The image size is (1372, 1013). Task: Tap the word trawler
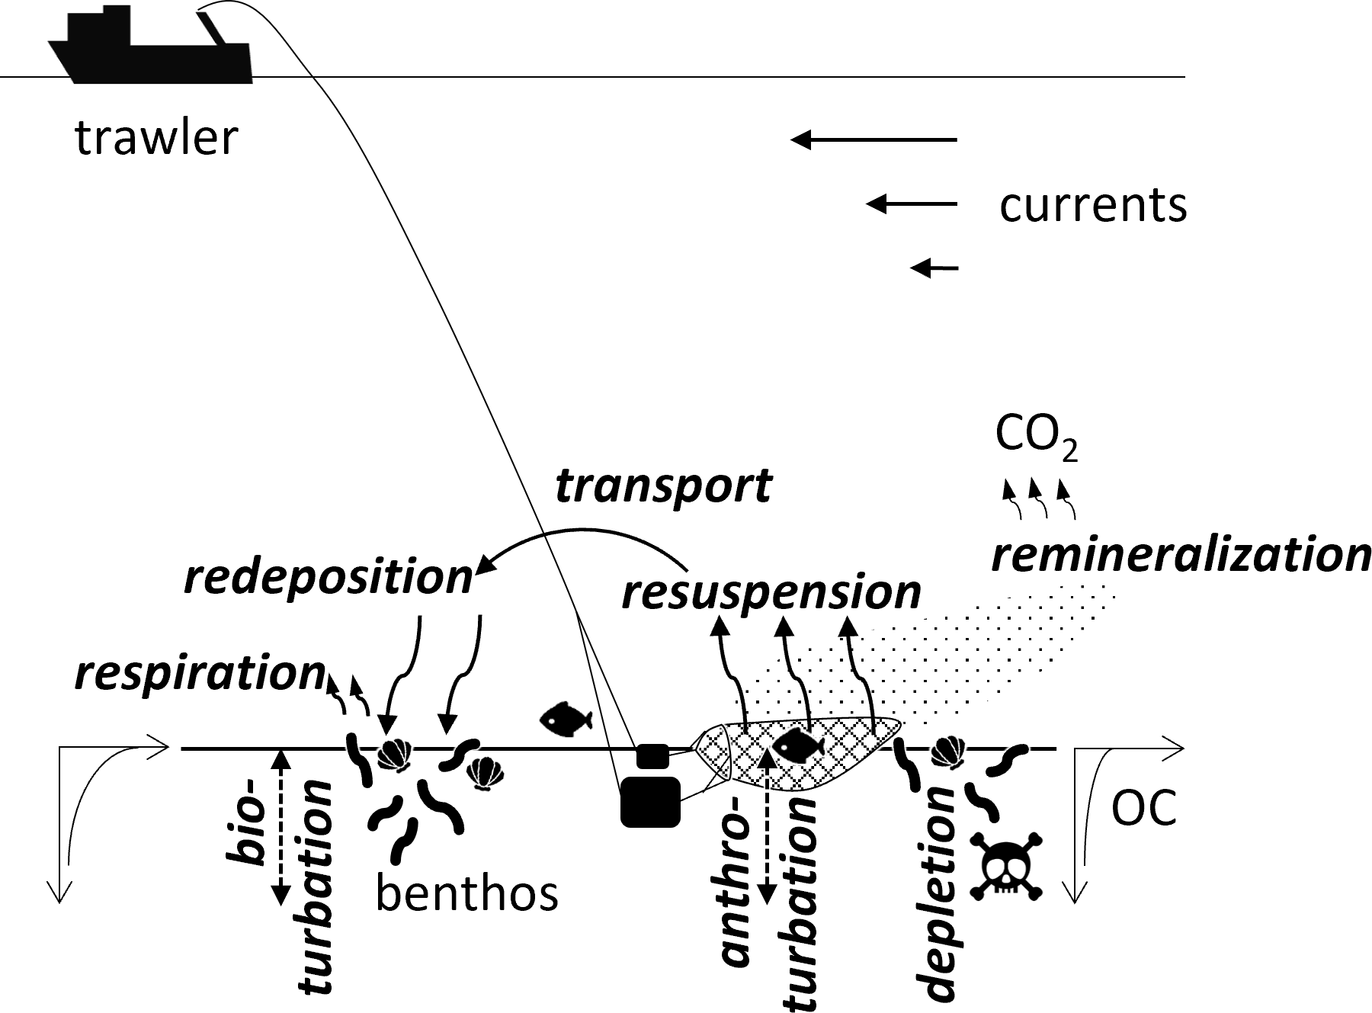[x=156, y=138]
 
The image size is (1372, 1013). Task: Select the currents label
[x=1093, y=205]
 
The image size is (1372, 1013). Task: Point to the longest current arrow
[x=874, y=139]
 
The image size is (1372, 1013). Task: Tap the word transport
[x=663, y=486]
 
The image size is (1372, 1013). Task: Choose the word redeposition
[x=329, y=577]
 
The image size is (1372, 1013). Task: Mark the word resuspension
[x=771, y=592]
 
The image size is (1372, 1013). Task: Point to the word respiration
[x=200, y=673]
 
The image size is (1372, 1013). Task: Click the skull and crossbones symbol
[x=1005, y=866]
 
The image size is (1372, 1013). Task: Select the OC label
[x=1143, y=809]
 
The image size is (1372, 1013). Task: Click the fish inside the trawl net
[x=799, y=744]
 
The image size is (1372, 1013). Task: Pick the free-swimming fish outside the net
[x=566, y=719]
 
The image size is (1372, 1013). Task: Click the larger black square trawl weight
[x=650, y=801]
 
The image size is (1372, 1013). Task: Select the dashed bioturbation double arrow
[x=281, y=828]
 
